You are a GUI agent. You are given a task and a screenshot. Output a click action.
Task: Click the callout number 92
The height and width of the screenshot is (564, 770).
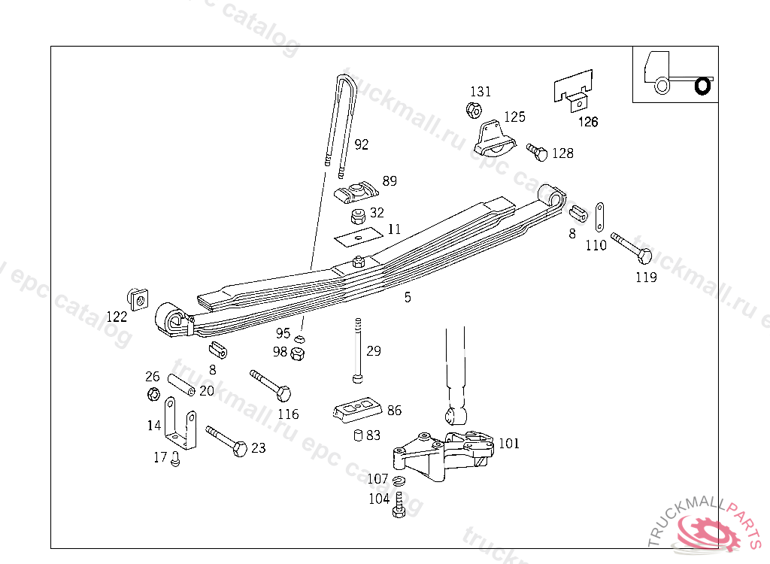(x=362, y=144)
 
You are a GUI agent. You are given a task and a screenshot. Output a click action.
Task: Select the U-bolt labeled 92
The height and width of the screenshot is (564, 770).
(x=339, y=120)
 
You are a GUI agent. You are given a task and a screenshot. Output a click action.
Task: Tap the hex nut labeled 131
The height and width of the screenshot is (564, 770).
(x=473, y=111)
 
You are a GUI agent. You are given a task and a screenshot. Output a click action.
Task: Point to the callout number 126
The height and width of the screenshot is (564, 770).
(x=588, y=122)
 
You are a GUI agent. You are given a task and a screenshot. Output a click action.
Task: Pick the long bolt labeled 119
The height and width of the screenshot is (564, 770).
(x=632, y=247)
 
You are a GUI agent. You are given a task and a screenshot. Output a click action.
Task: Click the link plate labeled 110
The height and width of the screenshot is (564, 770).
(x=601, y=218)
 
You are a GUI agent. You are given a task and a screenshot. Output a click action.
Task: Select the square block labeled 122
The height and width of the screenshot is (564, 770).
(x=138, y=298)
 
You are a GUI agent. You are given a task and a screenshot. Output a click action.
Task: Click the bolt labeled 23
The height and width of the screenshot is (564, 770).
(x=226, y=440)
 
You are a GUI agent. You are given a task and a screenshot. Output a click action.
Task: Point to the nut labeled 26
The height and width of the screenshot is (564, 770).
(x=153, y=393)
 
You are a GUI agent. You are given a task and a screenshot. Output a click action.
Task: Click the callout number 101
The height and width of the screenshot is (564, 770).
(x=509, y=444)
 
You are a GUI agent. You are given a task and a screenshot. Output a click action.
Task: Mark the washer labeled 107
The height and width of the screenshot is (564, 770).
(x=399, y=481)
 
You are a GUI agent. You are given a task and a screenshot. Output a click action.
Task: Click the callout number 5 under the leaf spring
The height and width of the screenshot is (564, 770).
(x=408, y=298)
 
